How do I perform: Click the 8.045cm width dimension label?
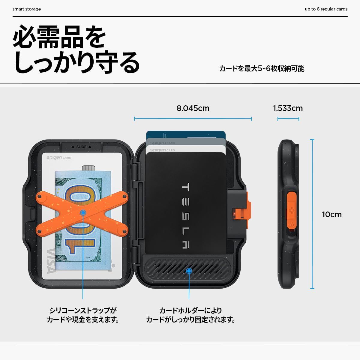193,108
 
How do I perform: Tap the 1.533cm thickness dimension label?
288,108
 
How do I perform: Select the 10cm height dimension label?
331,214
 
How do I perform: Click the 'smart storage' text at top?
27,9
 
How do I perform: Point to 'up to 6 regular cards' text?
326,9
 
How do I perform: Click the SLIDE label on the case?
81,147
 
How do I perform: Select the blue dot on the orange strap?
83,213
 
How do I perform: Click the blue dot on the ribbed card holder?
189,271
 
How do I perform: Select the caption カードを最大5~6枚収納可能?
262,69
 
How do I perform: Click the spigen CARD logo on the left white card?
59,157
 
